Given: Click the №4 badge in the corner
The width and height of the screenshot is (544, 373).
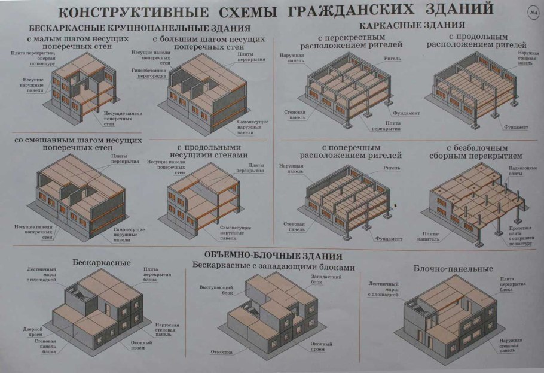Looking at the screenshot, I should pos(534,13).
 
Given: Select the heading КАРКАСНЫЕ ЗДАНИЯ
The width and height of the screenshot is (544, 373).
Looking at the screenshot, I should pos(412,25).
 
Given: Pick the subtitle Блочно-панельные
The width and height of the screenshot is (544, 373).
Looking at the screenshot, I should pos(453,269).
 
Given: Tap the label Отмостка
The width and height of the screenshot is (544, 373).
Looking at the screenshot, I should pos(221,351).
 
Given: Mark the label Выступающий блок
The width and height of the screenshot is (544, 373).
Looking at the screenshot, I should pos(213,290).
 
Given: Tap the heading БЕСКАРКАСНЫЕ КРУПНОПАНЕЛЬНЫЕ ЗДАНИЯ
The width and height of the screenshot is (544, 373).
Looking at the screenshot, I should pos(139,28).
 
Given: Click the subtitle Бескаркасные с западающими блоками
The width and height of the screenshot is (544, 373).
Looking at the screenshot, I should pos(274,267).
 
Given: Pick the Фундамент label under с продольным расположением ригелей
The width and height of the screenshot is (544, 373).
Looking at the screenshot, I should pos(516,128).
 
